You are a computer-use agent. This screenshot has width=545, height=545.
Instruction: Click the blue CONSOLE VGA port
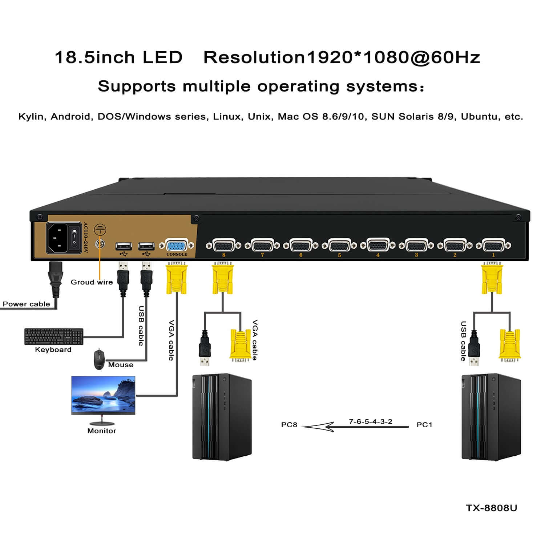[x=177, y=245]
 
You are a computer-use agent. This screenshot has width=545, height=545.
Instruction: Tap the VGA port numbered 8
[x=223, y=246]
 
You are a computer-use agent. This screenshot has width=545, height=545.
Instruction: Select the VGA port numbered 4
[x=378, y=246]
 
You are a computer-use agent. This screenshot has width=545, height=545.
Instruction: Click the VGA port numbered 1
[x=493, y=246]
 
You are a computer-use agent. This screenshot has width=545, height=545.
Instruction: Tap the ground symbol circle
[x=100, y=230]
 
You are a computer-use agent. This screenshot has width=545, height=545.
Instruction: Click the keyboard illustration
[x=54, y=336]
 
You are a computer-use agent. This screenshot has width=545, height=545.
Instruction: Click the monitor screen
[x=104, y=395]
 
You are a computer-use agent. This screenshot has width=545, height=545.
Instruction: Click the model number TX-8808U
[x=491, y=508]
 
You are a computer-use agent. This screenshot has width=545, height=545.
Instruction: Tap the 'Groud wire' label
[x=92, y=282]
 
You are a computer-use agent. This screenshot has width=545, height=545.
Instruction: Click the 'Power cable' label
[x=26, y=304]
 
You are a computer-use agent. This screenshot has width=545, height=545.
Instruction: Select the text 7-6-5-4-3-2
[x=370, y=421]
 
